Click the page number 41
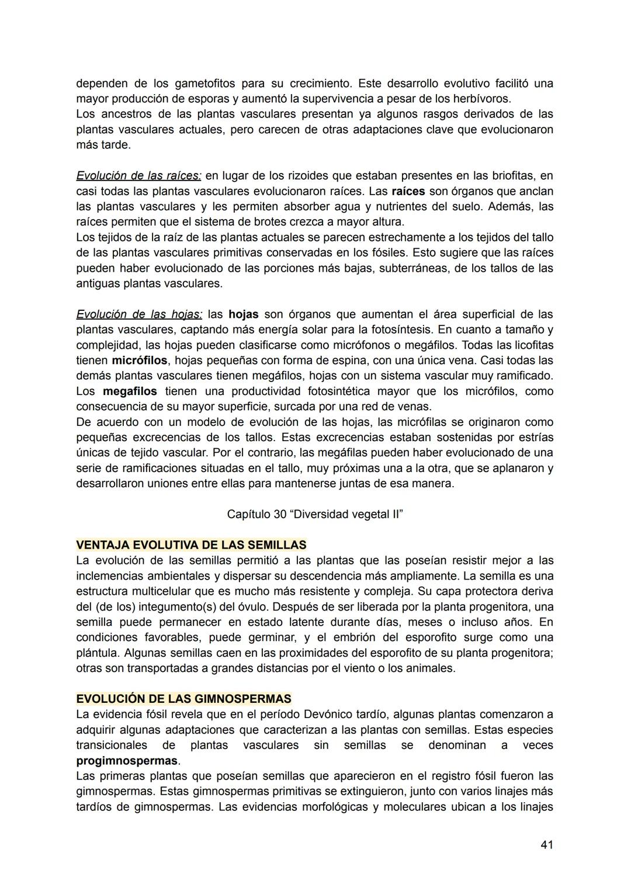[547, 844]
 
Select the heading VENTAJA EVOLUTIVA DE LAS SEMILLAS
[191, 545]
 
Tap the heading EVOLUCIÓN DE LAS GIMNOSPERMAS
[183, 699]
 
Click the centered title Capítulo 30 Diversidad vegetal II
[315, 514]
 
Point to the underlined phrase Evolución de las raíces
[138, 175]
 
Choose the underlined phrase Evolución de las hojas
[139, 314]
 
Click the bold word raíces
[408, 191]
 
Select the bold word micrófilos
[140, 360]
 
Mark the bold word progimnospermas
[127, 761]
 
